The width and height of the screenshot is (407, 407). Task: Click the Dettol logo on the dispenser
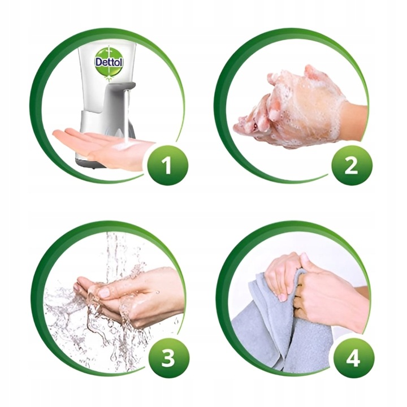[x=109, y=62]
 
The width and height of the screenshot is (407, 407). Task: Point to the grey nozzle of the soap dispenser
[x=126, y=87]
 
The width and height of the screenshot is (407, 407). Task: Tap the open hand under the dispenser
[x=102, y=146]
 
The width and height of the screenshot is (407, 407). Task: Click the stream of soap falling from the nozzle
[x=127, y=116]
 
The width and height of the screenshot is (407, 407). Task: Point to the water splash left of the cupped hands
[x=62, y=305]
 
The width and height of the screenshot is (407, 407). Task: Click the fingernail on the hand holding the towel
[x=282, y=296]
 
